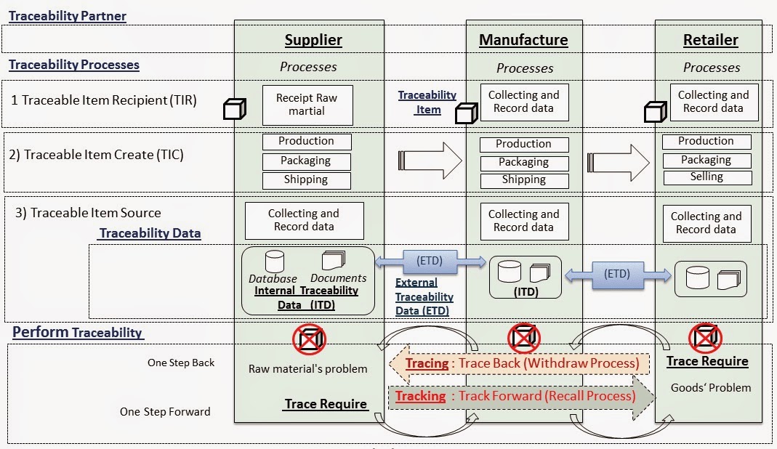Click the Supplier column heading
coord(313,40)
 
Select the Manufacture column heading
coord(523,40)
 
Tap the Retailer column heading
coord(710,40)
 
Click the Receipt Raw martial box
coord(306,105)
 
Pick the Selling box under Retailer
coord(706,177)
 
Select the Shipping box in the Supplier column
coord(306,179)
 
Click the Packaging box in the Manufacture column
coord(523,162)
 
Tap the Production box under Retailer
coord(706,141)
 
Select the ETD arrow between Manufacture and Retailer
coord(618,275)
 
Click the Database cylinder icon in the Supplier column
coord(275,262)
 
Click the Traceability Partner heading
coord(68,16)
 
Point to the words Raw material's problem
coord(307,368)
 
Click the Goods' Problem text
coord(710,387)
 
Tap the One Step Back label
coord(181,363)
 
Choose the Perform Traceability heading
coord(78,332)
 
